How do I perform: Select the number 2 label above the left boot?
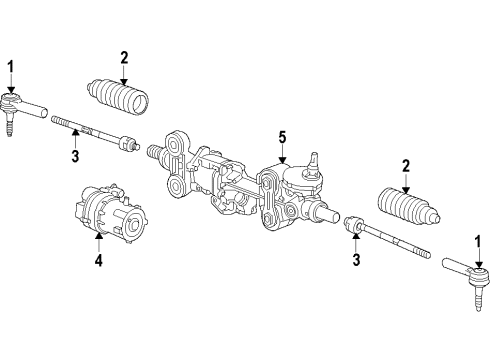click(x=124, y=56)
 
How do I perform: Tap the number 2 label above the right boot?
click(x=405, y=166)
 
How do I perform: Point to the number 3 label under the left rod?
click(x=74, y=156)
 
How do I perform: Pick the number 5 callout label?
click(x=282, y=137)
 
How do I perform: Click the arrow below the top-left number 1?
click(x=11, y=82)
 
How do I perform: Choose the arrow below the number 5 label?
click(x=282, y=153)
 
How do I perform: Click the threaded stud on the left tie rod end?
click(x=10, y=128)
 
